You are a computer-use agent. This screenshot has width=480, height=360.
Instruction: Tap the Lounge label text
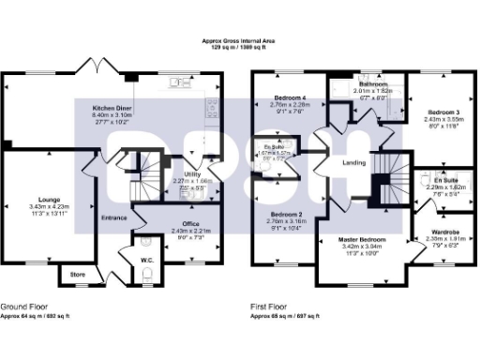click(44, 198)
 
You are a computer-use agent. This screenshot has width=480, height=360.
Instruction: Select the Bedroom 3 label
click(433, 112)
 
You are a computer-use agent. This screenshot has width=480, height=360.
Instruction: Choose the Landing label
click(355, 163)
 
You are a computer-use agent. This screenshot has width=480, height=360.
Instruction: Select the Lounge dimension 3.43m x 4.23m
click(44, 205)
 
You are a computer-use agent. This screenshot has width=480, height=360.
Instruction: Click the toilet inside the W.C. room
click(150, 273)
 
